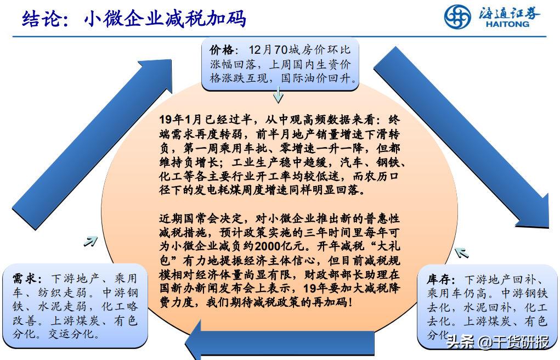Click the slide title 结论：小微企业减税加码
click(x=134, y=19)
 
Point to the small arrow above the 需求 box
click(x=90, y=240)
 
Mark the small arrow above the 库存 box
click(x=461, y=252)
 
